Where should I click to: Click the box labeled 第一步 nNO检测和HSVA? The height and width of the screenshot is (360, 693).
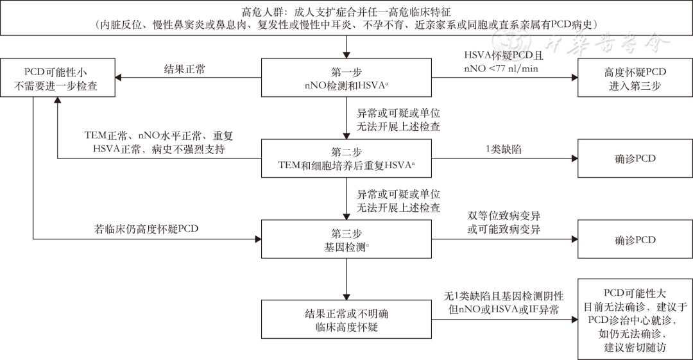(x=346, y=78)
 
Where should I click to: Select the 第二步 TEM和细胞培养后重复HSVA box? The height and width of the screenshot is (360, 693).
(x=346, y=158)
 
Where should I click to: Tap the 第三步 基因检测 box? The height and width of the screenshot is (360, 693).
(x=346, y=239)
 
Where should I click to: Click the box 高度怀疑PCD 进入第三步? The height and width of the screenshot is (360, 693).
(x=635, y=78)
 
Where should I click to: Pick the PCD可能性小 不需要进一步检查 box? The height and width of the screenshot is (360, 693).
(x=56, y=78)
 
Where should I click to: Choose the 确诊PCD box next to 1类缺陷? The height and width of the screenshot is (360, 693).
(x=635, y=158)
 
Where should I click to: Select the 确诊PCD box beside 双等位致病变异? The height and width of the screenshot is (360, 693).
(x=635, y=239)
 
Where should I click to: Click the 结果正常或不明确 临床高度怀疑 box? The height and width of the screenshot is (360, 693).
(x=346, y=320)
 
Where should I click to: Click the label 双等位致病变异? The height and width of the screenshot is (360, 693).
(x=504, y=217)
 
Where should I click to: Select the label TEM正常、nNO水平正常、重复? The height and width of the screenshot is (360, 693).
(x=142, y=137)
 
